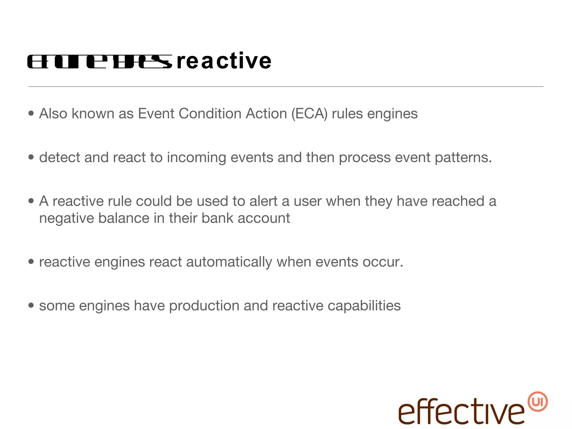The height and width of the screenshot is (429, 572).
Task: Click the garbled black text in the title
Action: pyautogui.click(x=100, y=62)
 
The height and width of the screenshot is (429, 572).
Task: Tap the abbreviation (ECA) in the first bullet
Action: pyautogui.click(x=309, y=114)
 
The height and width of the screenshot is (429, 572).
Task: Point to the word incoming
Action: pyautogui.click(x=196, y=158)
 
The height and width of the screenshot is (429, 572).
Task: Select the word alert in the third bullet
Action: pyautogui.click(x=263, y=201)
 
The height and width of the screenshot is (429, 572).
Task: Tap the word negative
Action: pyautogui.click(x=66, y=218)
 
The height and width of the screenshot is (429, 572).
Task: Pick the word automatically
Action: pyautogui.click(x=229, y=262)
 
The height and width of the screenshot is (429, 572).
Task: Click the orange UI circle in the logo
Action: pyautogui.click(x=537, y=402)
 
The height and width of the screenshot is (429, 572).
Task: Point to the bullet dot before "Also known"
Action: pyautogui.click(x=31, y=113)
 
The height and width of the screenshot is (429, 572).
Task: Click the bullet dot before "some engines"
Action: pyautogui.click(x=31, y=305)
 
